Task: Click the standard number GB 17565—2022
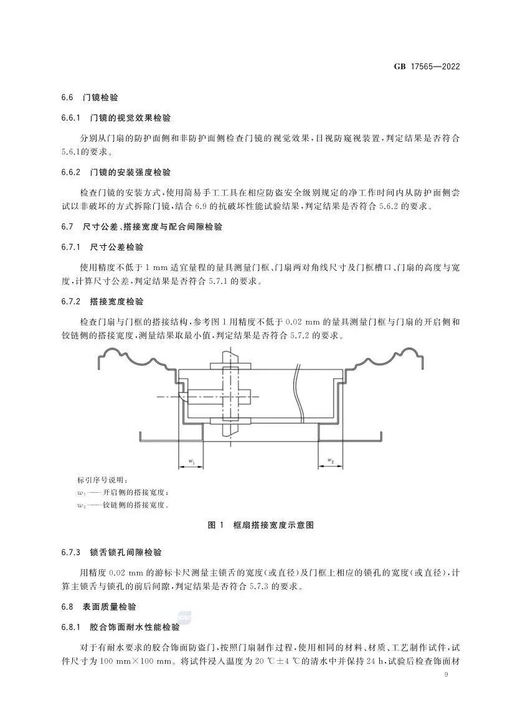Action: (x=428, y=67)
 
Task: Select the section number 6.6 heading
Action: (x=67, y=98)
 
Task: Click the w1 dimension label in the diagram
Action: (x=191, y=461)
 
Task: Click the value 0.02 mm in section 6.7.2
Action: (x=304, y=322)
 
